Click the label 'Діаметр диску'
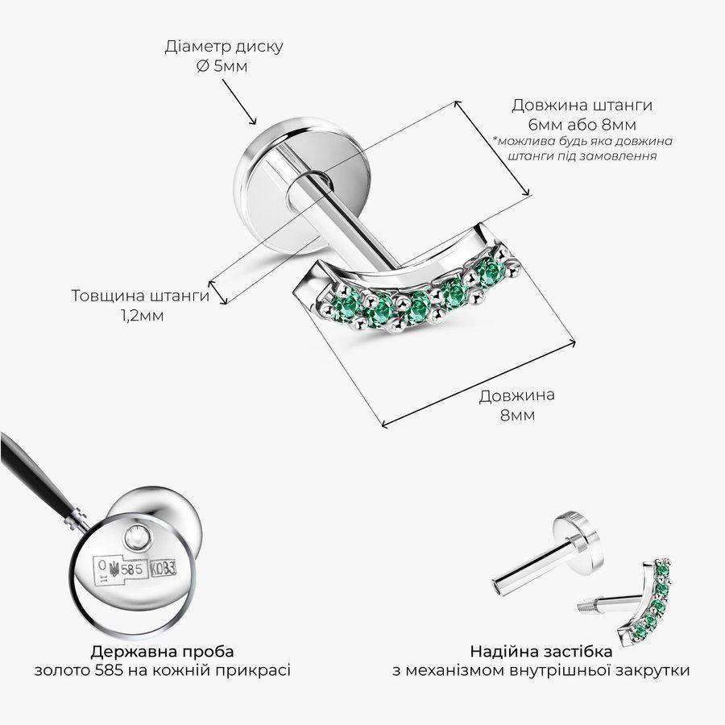224,48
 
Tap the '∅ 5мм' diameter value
222,67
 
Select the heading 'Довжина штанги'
582,106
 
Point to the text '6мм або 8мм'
582,125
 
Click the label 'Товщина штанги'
140,296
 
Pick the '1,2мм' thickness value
142,316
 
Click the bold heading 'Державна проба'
162,652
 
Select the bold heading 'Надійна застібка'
541,652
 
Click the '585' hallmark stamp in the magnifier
131,570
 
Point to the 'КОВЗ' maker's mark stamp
163,569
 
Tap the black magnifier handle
35,473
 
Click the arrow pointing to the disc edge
239,101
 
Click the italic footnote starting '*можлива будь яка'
582,148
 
